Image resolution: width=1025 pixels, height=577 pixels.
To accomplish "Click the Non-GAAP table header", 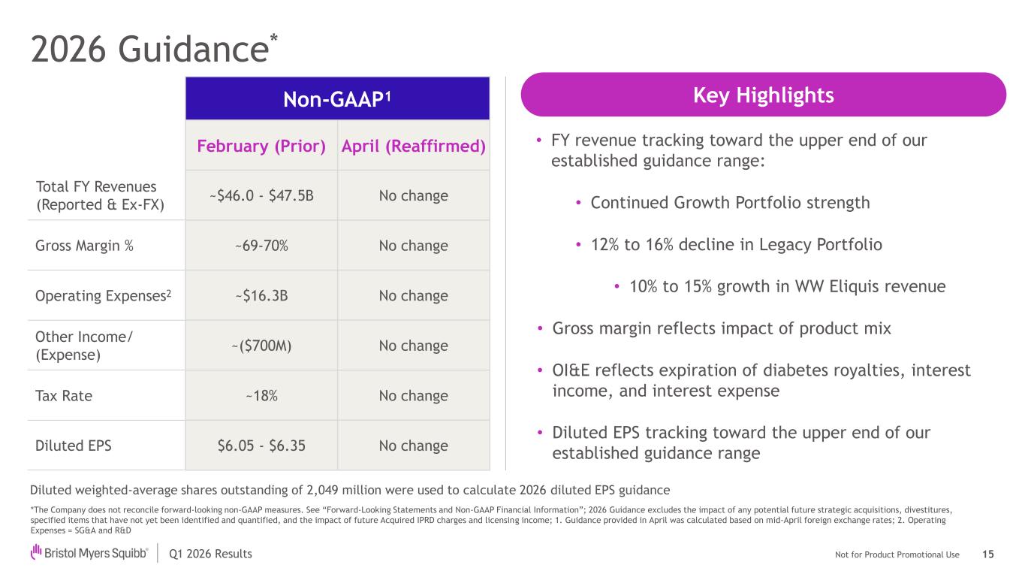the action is click(x=337, y=98).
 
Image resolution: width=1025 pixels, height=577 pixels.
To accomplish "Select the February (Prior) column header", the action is click(x=261, y=146).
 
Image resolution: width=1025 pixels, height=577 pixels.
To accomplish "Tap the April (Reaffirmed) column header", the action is click(x=414, y=146).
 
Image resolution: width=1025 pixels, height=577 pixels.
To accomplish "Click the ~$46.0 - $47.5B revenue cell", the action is click(x=261, y=195).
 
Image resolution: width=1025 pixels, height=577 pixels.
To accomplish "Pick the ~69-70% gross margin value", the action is click(x=261, y=246).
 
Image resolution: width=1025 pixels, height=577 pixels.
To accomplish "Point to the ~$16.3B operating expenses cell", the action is click(x=261, y=295).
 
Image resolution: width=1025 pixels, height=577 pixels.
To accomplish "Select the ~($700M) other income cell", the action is click(x=261, y=346).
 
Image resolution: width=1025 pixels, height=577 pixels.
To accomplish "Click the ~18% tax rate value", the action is click(x=261, y=395).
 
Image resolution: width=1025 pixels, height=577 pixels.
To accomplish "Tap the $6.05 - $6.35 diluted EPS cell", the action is click(x=261, y=445).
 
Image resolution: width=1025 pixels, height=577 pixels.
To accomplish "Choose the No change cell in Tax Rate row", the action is click(x=414, y=395).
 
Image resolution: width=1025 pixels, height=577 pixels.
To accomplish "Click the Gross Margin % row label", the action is click(x=84, y=246).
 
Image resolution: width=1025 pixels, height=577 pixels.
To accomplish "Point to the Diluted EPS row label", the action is click(x=74, y=445).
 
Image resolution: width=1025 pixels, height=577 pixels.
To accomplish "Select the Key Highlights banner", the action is click(x=763, y=95).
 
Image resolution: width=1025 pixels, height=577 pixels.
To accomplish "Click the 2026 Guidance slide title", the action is click(x=154, y=49).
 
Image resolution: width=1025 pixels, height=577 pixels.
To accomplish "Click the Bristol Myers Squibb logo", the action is click(x=89, y=553).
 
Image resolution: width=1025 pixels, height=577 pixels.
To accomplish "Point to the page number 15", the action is click(x=988, y=554).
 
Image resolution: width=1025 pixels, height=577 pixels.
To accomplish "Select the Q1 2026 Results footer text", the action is click(x=210, y=554).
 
